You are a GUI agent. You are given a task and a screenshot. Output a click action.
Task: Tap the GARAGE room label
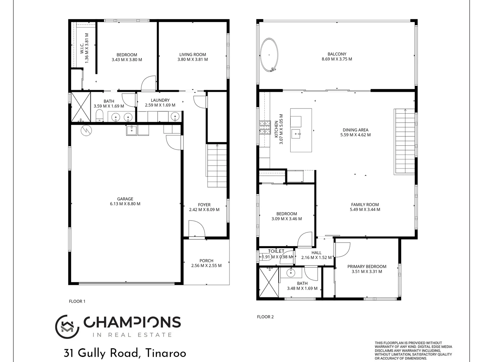pos(125,199)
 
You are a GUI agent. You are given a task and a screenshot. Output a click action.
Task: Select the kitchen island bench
pos(301,130)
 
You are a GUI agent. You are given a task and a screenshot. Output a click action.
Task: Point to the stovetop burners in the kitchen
pos(265,128)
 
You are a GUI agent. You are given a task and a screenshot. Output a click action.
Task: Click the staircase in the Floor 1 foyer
pos(217,166)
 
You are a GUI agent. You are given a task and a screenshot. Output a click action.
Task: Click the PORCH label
pos(206,260)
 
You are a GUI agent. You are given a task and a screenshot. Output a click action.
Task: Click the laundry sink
pos(175,116)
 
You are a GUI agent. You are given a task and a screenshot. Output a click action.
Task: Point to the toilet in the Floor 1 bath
pos(100,116)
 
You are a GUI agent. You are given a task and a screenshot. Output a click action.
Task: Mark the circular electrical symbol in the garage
pos(86,130)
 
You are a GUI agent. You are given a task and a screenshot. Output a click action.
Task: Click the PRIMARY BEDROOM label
pos(367,266)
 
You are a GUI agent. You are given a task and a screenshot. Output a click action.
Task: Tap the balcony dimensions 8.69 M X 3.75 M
pos(337,59)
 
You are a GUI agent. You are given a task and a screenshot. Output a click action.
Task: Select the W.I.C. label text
pos(82,48)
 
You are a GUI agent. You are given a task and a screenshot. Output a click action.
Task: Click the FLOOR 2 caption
pos(265,317)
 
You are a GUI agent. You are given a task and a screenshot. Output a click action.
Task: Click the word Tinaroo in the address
pos(165,353)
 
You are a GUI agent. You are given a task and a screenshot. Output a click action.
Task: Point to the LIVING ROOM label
pos(193,54)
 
